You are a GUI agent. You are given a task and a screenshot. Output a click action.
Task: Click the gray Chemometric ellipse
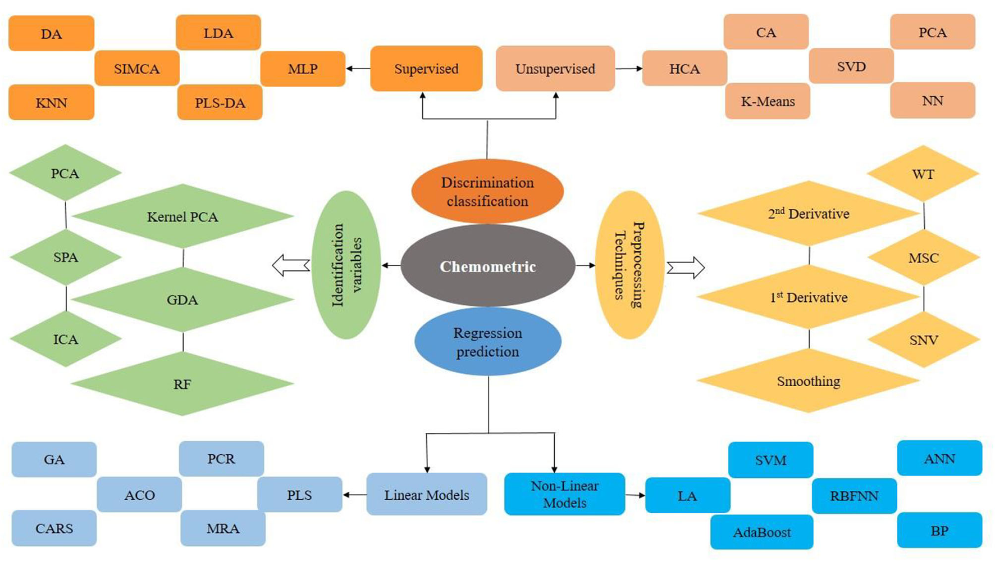(x=487, y=266)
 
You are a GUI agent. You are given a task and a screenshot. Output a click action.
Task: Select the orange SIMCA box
(x=137, y=69)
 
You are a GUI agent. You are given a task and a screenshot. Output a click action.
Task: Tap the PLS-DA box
(x=220, y=103)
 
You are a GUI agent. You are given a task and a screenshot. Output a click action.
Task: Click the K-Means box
(x=767, y=102)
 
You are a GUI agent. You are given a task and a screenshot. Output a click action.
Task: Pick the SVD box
(x=851, y=66)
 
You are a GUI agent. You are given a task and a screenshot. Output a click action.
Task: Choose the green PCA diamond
(x=65, y=173)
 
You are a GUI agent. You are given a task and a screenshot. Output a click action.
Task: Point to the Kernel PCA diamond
(x=182, y=216)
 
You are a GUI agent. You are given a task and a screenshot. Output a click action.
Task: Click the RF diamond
(x=182, y=384)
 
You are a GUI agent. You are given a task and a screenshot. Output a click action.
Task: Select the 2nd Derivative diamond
(x=808, y=214)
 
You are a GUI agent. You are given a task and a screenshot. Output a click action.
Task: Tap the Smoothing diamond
(x=808, y=381)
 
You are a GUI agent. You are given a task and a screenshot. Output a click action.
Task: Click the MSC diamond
(x=923, y=258)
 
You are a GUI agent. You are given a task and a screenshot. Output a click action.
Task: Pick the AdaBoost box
(x=761, y=532)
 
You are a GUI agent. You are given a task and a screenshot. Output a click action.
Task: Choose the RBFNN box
(x=853, y=496)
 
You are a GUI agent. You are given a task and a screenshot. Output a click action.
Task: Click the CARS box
(x=54, y=528)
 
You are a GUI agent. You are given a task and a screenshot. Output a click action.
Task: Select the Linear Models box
(x=426, y=495)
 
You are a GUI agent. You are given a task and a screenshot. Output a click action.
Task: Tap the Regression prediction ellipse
(x=487, y=342)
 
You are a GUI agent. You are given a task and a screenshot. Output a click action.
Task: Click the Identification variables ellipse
(x=346, y=265)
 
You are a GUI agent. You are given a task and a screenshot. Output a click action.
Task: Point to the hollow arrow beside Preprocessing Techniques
(x=686, y=268)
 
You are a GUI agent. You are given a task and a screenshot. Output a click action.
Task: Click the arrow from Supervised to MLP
(x=358, y=69)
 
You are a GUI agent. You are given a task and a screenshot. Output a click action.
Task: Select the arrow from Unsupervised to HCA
(x=628, y=69)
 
